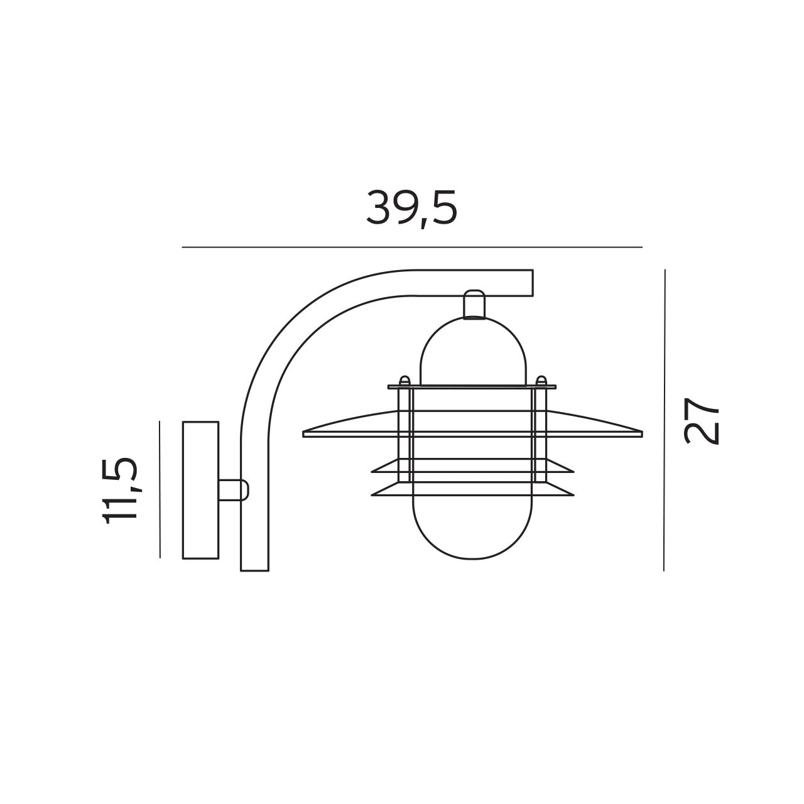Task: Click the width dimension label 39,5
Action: point(411,208)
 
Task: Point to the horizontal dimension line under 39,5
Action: point(411,247)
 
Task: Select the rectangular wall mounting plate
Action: point(200,490)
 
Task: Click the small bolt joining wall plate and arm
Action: point(234,490)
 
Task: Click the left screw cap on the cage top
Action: point(405,381)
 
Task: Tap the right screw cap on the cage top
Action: point(540,381)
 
